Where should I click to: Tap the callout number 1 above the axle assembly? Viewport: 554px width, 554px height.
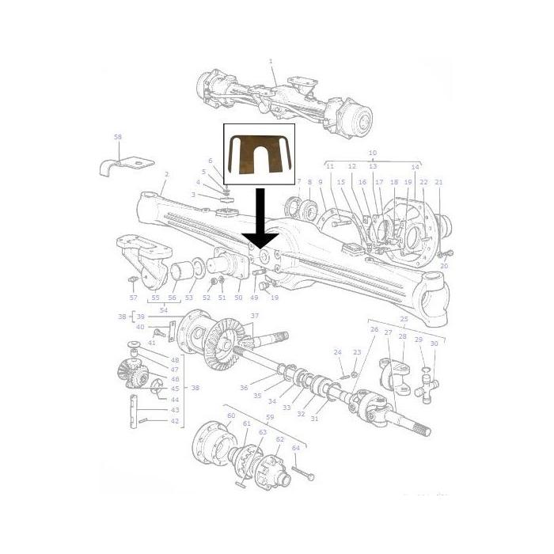(270, 61)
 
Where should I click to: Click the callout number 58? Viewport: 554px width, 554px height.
(117, 137)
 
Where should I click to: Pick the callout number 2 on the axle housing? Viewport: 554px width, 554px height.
(166, 175)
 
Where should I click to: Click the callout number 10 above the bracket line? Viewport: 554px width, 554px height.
(373, 152)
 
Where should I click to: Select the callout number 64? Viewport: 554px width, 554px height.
(296, 448)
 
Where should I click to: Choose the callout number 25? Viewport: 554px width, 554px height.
(404, 319)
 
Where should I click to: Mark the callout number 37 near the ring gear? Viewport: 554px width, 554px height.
(254, 316)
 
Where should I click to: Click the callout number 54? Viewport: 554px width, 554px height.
(163, 311)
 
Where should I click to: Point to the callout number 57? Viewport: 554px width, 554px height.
(134, 298)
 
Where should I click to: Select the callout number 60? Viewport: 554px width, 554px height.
(231, 415)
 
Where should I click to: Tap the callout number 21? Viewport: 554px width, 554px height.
(438, 182)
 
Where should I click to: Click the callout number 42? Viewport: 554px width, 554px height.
(175, 421)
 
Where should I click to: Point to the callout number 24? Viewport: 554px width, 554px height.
(337, 352)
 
